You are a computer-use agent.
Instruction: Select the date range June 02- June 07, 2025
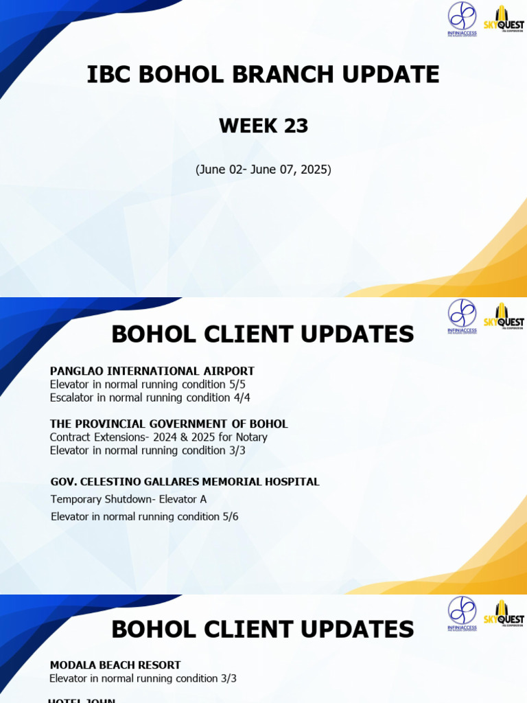(263, 169)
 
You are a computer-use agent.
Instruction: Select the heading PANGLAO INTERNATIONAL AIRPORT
(152, 371)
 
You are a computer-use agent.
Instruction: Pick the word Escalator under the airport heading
(73, 397)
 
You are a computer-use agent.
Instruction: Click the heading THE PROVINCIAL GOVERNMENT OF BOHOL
(169, 424)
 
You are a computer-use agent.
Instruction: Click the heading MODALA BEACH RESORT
(115, 665)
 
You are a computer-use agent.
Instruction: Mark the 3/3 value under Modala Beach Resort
(228, 678)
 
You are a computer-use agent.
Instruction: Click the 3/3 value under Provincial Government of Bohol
(237, 450)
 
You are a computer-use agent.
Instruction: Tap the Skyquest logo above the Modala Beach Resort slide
(508, 613)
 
